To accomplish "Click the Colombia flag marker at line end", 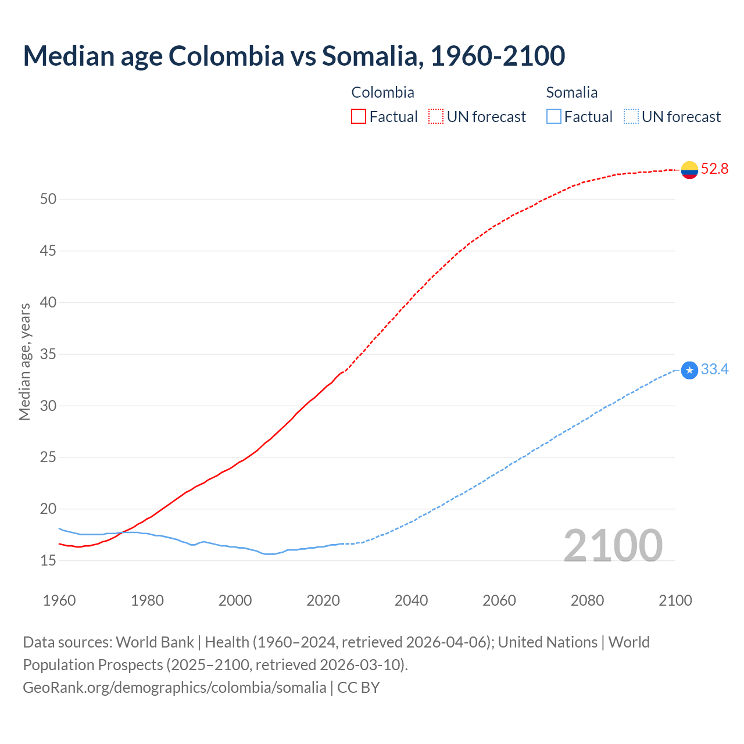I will pos(689,170).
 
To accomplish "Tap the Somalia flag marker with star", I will pos(689,370).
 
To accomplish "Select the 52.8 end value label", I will pos(714,169).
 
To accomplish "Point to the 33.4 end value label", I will pos(714,370).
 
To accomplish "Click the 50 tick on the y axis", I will pos(48,199).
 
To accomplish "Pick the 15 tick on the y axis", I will pos(48,561).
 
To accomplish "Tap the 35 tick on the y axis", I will pos(48,355).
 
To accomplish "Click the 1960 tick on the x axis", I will pos(59,600).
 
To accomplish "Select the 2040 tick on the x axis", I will pos(411,600).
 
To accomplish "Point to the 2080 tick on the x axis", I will pos(587,600).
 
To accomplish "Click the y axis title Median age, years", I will pos(24,362).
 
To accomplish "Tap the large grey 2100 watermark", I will pos(613,546).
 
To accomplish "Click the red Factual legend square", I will pos(359,117).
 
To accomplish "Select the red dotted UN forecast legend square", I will pos(436,117).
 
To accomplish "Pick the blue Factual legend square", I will pos(554,117).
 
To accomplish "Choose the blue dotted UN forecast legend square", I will pos(631,117).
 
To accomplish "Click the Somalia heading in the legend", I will pos(572,92).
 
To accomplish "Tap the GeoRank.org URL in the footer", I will pos(174,688).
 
